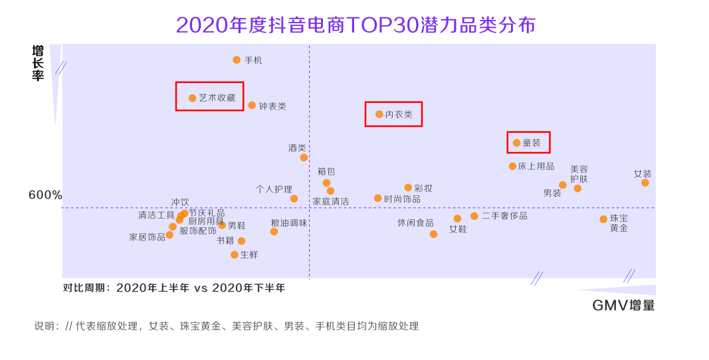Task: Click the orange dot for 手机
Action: click(237, 60)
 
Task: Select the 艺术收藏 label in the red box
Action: click(217, 98)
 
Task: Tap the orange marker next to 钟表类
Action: click(252, 105)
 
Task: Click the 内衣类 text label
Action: click(399, 114)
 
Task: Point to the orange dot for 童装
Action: click(516, 143)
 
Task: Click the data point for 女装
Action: click(645, 183)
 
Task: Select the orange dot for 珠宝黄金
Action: click(603, 219)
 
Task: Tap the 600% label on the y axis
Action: click(45, 195)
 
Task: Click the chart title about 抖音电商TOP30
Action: click(355, 25)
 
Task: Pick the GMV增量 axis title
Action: click(623, 306)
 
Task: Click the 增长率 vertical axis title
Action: click(38, 63)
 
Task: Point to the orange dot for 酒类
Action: click(304, 157)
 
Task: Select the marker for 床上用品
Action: click(512, 166)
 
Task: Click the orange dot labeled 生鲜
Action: click(235, 254)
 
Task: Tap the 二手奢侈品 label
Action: click(504, 216)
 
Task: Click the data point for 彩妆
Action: click(408, 187)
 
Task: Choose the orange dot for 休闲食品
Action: click(433, 234)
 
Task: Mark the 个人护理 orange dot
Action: click(294, 199)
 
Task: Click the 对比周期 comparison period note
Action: click(174, 288)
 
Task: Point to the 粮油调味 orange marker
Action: click(274, 231)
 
